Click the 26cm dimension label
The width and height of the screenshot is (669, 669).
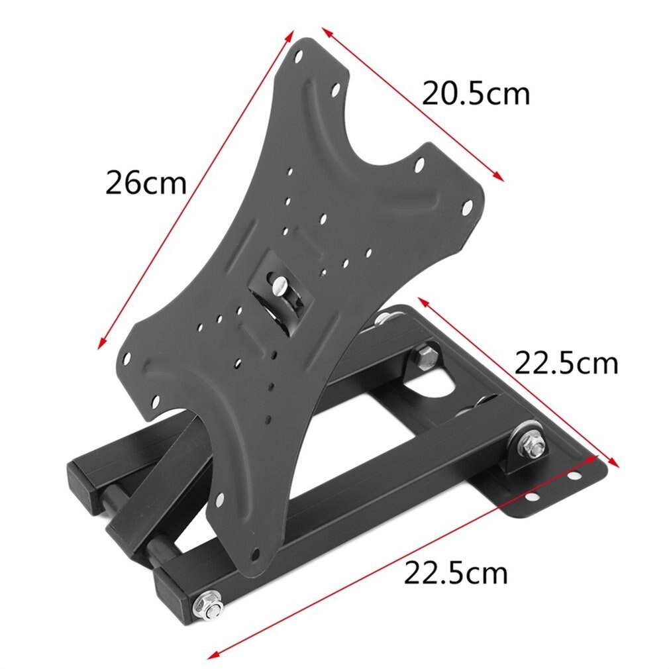(146, 183)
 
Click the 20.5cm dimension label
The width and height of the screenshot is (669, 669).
(476, 94)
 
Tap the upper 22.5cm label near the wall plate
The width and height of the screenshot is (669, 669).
(566, 363)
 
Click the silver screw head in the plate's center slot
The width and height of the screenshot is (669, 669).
(279, 287)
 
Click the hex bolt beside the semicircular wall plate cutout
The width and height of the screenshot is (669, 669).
(423, 358)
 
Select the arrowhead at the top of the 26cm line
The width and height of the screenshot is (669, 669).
(289, 32)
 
